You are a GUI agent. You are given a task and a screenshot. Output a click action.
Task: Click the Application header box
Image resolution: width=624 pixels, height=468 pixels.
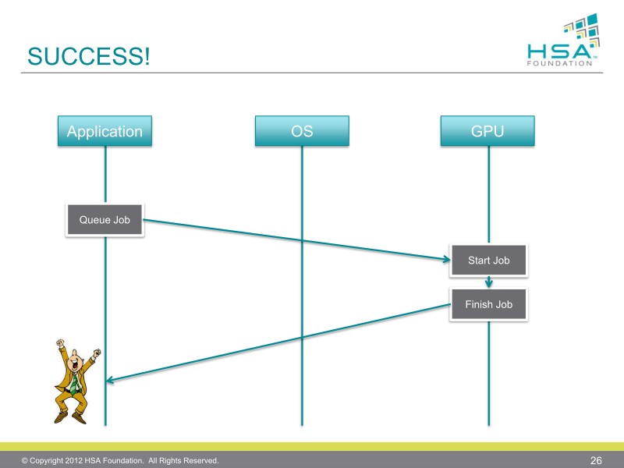(105, 131)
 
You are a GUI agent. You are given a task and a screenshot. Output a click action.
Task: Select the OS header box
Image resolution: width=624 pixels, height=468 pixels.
(302, 131)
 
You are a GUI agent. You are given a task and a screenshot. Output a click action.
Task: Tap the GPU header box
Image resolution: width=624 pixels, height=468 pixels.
(487, 131)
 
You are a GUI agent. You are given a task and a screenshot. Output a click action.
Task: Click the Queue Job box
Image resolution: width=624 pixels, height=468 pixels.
(105, 220)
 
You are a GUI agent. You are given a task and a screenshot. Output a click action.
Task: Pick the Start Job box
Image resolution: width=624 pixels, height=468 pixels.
(489, 261)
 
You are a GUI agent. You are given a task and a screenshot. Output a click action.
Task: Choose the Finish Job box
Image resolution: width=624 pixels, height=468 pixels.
(489, 304)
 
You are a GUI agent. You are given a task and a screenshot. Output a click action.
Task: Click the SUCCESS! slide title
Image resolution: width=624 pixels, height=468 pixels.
(89, 56)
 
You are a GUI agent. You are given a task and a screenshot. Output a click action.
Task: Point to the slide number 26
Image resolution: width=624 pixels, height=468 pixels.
(596, 460)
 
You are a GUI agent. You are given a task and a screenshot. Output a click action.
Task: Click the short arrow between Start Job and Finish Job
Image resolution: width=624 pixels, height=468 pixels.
(489, 282)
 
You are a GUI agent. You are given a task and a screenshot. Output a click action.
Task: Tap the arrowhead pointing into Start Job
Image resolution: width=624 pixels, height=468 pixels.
(446, 259)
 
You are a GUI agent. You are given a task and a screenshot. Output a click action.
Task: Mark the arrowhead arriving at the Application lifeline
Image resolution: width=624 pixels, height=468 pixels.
(110, 380)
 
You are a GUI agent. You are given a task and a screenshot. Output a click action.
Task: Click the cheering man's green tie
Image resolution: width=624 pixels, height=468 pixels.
(74, 383)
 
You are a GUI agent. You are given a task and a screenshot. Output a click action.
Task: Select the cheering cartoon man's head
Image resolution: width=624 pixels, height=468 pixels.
(74, 361)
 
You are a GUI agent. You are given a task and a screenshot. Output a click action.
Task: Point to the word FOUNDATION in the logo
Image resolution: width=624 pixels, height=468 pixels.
(559, 63)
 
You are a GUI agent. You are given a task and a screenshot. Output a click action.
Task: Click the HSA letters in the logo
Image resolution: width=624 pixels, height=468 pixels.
(559, 51)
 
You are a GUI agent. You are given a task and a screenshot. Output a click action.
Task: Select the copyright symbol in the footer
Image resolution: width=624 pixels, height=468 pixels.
(25, 460)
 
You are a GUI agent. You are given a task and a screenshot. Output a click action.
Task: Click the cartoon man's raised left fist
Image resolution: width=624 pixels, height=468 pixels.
(97, 353)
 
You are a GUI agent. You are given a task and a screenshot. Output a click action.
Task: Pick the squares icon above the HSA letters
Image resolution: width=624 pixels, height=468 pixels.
(582, 30)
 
